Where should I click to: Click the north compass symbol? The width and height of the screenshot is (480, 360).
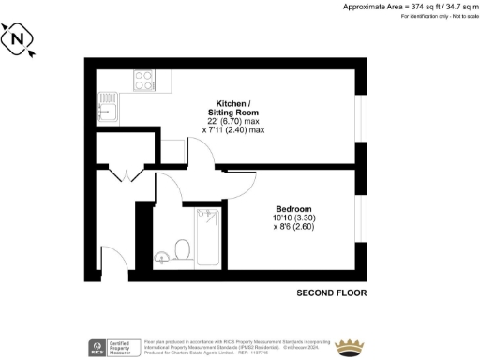20,40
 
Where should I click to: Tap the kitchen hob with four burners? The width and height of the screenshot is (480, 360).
145,81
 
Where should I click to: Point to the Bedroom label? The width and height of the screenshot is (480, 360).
292,207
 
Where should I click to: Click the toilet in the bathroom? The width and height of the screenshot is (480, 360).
184,248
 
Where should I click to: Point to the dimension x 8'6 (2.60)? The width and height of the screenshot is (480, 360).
292,226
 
